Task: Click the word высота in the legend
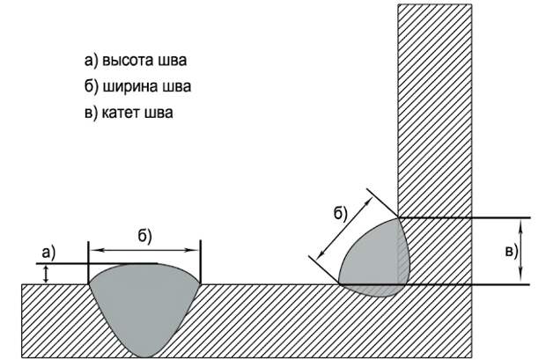click(129, 60)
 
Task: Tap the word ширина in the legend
click(130, 86)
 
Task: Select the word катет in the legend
click(121, 113)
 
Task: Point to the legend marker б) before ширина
click(92, 86)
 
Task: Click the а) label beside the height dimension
click(48, 253)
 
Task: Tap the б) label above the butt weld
click(144, 237)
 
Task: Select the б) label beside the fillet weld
click(341, 213)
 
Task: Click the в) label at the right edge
click(512, 251)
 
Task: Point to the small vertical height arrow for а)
click(46, 274)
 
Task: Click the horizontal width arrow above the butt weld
click(144, 250)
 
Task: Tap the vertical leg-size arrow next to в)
click(520, 251)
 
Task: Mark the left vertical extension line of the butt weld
click(88, 261)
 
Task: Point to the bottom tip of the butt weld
click(144, 357)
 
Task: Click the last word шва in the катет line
click(159, 114)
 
